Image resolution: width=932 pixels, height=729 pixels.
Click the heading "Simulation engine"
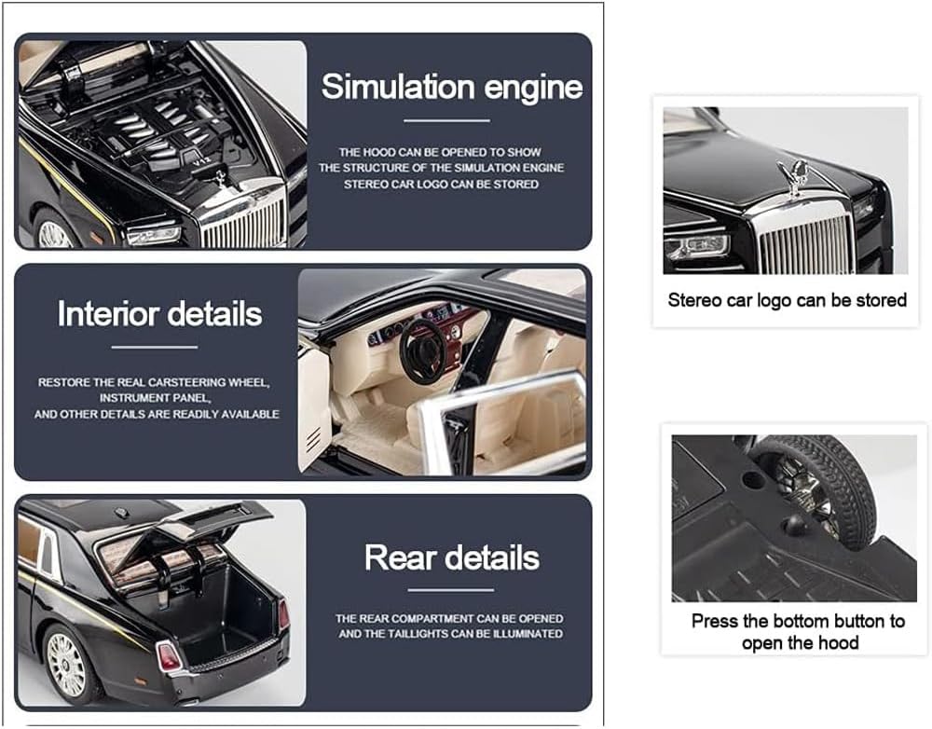tap(452, 87)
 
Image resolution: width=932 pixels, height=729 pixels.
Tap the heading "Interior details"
tap(159, 314)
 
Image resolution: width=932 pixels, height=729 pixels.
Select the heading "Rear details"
tap(452, 557)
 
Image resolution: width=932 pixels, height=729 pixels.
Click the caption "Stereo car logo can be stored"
tap(787, 300)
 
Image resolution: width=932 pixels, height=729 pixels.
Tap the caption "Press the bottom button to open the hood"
tap(799, 632)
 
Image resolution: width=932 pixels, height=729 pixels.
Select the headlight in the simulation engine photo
tap(154, 236)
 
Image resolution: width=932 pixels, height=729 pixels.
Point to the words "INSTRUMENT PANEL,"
tap(155, 398)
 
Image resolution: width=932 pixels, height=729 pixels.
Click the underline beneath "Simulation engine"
tap(447, 120)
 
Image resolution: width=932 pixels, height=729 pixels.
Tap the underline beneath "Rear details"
tap(450, 590)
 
